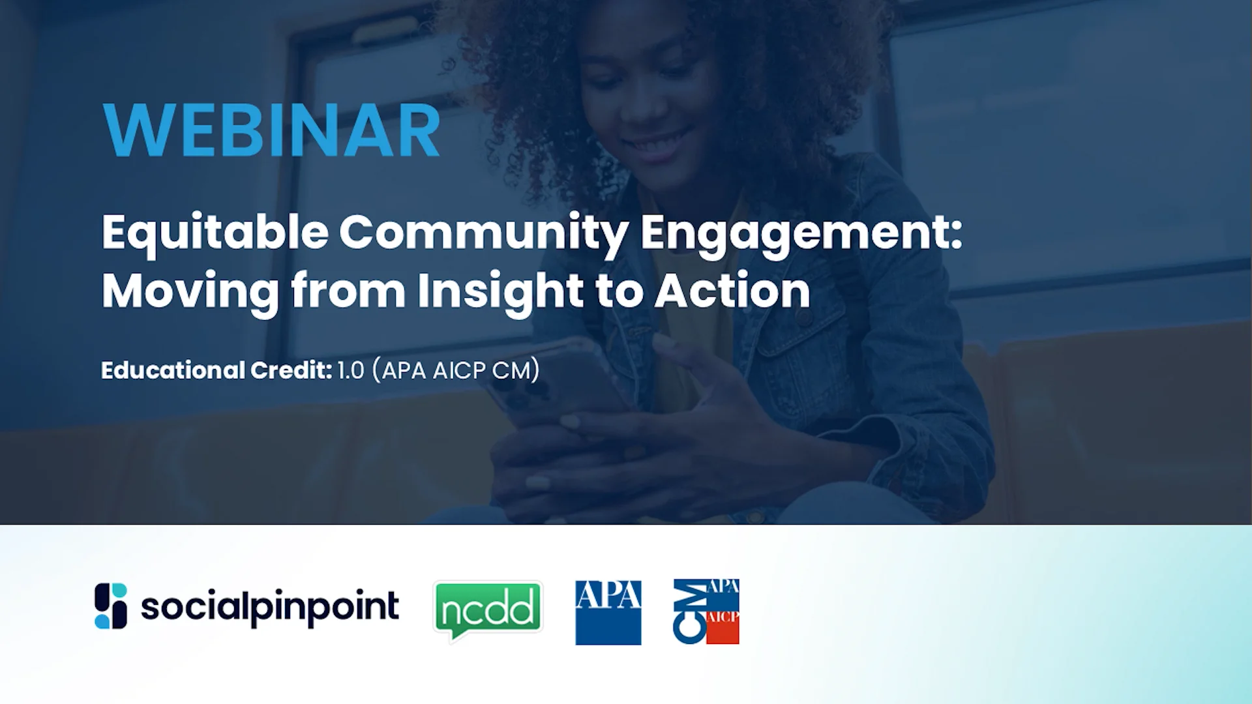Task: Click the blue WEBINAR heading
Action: pyautogui.click(x=271, y=130)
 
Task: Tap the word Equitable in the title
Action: pyautogui.click(x=215, y=233)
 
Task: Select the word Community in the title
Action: pyautogui.click(x=483, y=233)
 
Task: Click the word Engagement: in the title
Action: pyautogui.click(x=801, y=233)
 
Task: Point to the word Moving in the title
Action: pyautogui.click(x=190, y=291)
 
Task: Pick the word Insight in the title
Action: pyautogui.click(x=500, y=291)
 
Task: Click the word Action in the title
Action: pyautogui.click(x=732, y=291)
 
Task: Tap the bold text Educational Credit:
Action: pyautogui.click(x=216, y=370)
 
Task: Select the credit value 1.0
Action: pyautogui.click(x=351, y=370)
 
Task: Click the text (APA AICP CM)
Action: pyautogui.click(x=456, y=370)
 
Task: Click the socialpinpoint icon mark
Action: pyautogui.click(x=111, y=606)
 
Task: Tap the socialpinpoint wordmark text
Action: pyautogui.click(x=269, y=607)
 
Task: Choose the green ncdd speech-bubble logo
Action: pyautogui.click(x=488, y=610)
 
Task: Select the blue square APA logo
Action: pyautogui.click(x=608, y=612)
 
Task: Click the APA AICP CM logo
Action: pyautogui.click(x=706, y=611)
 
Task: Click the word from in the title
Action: pyautogui.click(x=348, y=291)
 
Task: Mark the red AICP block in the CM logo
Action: pyautogui.click(x=723, y=627)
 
